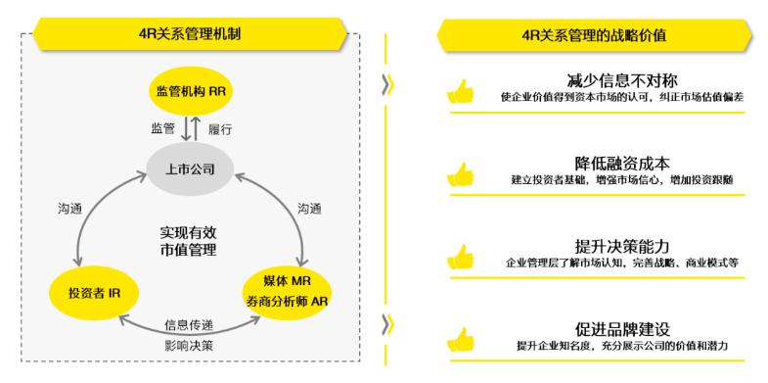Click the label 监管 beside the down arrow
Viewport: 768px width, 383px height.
point(162,129)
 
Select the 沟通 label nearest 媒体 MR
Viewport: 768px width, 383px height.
point(310,209)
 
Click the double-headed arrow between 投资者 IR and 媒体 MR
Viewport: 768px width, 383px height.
point(192,315)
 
